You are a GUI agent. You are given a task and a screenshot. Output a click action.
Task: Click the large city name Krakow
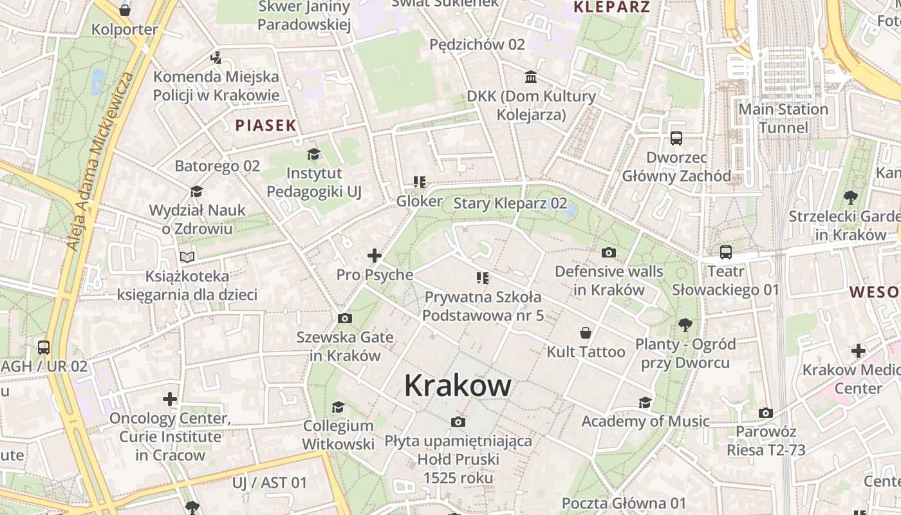pos(458,386)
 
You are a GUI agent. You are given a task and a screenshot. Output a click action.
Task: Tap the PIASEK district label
pos(266,126)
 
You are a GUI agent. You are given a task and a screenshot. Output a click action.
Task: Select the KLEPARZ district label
pos(611,8)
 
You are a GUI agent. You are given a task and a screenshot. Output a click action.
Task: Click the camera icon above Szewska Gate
pos(345,318)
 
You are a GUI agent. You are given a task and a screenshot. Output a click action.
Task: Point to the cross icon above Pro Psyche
pos(375,256)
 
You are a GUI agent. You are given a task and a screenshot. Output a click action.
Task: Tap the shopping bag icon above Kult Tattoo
pos(586,333)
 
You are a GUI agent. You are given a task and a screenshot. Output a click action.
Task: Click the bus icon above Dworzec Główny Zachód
pos(676,138)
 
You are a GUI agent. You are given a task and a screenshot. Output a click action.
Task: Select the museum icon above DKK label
pos(531,77)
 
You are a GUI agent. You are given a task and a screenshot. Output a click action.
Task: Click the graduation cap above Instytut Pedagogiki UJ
pos(313,154)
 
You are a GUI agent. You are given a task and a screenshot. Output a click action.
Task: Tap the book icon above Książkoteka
pos(187,257)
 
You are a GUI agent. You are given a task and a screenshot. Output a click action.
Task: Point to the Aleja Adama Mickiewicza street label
pos(101,161)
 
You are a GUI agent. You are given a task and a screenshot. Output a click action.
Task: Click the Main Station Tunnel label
pos(783,118)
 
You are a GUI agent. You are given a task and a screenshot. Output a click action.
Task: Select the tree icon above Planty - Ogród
pos(685,325)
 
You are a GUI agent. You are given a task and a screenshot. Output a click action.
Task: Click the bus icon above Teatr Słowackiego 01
pos(726,252)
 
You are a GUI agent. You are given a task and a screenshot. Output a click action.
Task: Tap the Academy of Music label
pos(646,421)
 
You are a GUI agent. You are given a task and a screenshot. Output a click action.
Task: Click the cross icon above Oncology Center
pos(170,399)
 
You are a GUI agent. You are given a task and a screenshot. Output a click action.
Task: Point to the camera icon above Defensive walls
pos(608,252)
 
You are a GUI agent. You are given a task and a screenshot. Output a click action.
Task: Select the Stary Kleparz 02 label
pos(510,203)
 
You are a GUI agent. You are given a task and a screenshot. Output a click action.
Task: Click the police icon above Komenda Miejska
pos(216,58)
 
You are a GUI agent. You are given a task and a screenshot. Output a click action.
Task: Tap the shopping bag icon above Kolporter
pos(125,10)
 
